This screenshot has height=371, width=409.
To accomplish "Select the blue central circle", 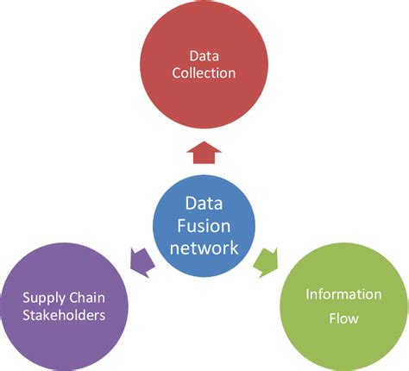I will pyautogui.click(x=204, y=226).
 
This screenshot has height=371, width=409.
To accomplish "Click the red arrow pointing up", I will pyautogui.click(x=204, y=154).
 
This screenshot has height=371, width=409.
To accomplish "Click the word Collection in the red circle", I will pyautogui.click(x=204, y=73).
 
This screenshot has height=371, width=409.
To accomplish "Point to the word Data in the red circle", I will pyautogui.click(x=204, y=53).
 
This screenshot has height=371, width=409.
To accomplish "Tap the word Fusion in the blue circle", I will pyautogui.click(x=204, y=227).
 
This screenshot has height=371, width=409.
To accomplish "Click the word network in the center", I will pyautogui.click(x=204, y=248).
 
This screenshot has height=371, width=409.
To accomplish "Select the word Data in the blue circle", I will pyautogui.click(x=204, y=204).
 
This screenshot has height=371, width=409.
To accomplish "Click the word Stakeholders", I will pyautogui.click(x=64, y=315).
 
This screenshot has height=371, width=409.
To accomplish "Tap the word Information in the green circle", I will pyautogui.click(x=343, y=294).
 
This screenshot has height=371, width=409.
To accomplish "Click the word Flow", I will pyautogui.click(x=343, y=318).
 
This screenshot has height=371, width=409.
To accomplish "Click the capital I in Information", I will pyautogui.click(x=308, y=294).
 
